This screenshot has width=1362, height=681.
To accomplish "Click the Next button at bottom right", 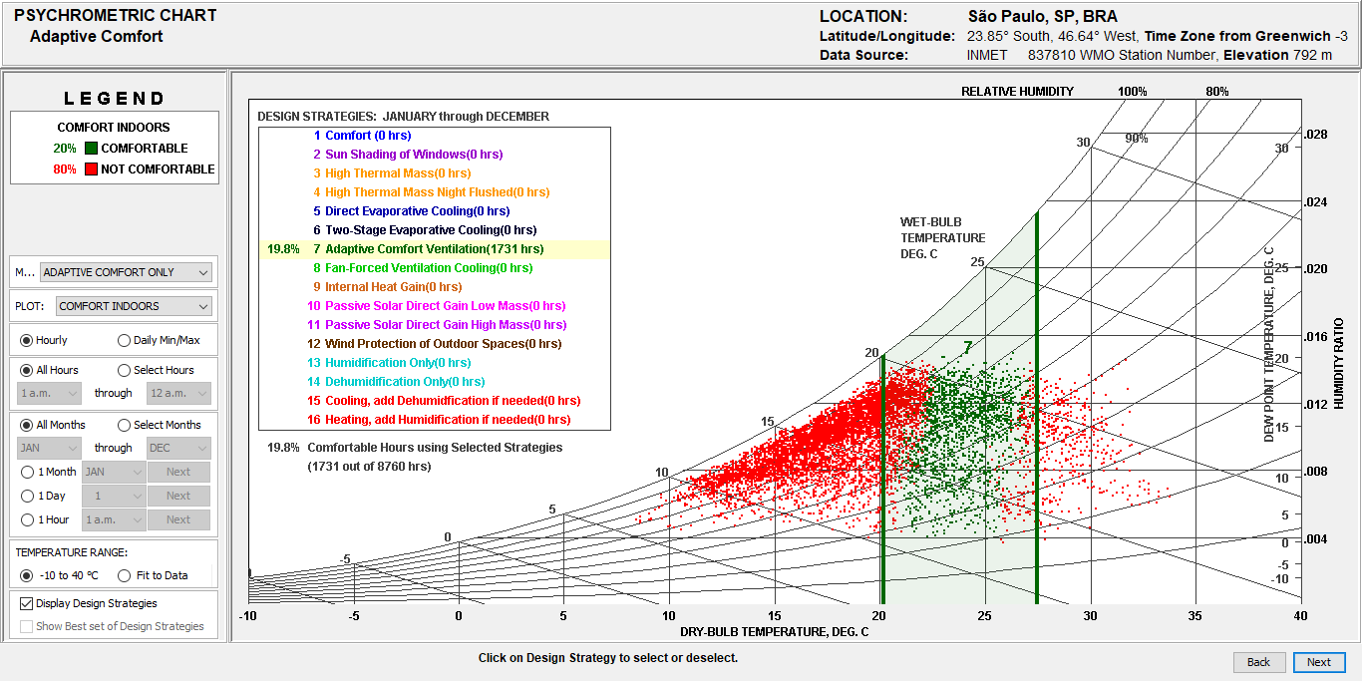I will tap(1319, 662).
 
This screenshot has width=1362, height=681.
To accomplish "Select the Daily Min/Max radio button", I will tap(125, 340).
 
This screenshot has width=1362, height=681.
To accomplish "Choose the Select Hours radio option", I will tap(125, 370).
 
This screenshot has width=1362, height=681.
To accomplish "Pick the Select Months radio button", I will tap(125, 425).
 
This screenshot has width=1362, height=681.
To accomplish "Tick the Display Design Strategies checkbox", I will tap(27, 603).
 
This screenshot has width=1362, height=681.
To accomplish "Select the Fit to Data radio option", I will tap(125, 575).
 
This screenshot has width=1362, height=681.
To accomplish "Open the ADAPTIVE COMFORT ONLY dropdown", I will tap(126, 272).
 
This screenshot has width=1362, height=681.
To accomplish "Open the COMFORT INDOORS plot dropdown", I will tap(134, 306).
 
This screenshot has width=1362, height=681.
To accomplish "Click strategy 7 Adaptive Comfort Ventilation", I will tap(434, 249).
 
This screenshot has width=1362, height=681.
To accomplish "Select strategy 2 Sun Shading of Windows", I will tap(413, 155).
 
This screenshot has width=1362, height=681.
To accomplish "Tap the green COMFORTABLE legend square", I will tap(91, 149).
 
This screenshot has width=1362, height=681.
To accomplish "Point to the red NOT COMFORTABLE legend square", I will tap(91, 170).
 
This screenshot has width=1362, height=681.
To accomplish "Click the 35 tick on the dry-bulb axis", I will tap(1194, 616).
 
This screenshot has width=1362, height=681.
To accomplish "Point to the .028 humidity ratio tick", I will tap(1316, 135).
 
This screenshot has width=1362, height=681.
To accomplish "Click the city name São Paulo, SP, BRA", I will tap(1042, 17).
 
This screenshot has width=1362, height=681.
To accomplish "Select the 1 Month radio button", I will tap(27, 472).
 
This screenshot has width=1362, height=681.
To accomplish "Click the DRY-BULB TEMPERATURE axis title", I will tap(774, 631).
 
